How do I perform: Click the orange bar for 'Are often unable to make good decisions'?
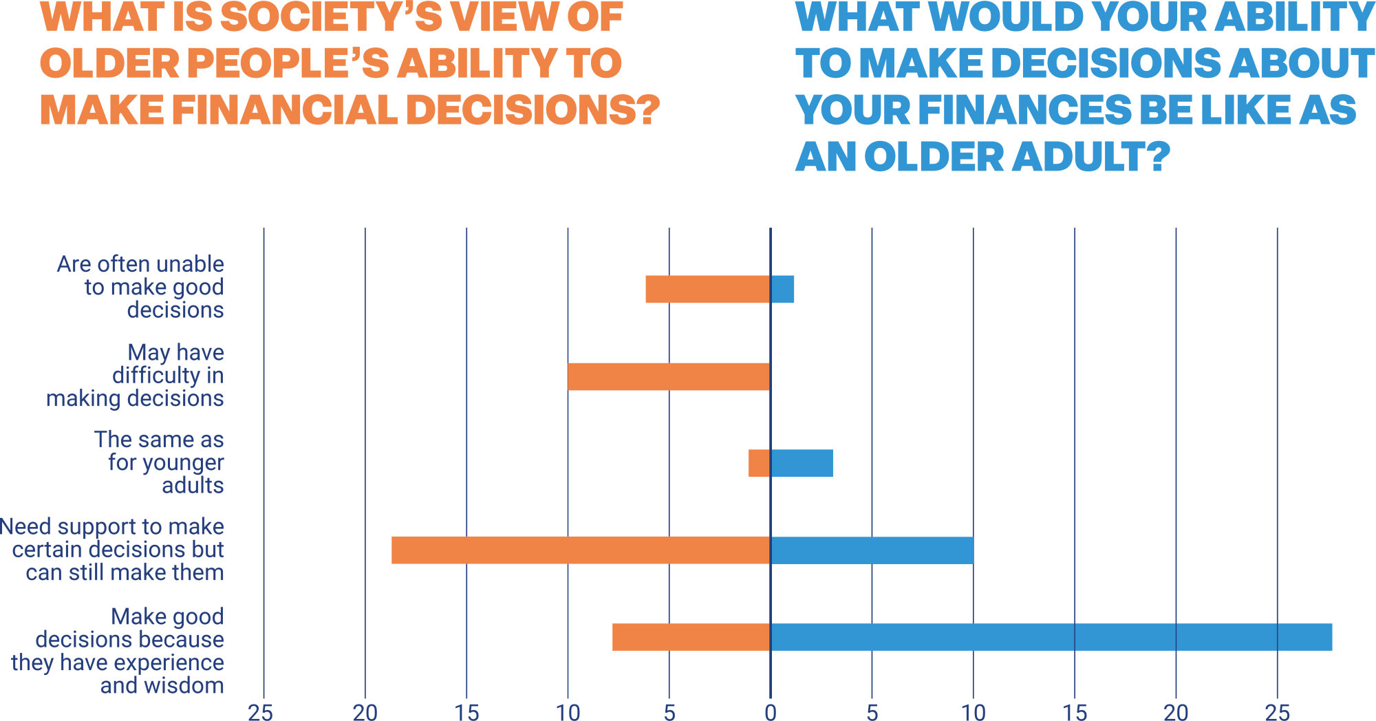(707, 289)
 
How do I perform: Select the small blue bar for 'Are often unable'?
(783, 289)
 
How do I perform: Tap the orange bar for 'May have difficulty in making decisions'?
(669, 376)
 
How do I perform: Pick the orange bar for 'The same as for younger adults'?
(759, 463)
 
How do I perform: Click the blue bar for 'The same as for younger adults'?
(802, 463)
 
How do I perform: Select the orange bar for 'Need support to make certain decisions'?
(581, 550)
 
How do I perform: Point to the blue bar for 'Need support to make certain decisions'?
(872, 550)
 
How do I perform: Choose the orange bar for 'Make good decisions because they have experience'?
(691, 637)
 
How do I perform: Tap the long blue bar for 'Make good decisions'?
(1051, 637)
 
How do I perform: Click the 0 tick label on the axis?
(771, 712)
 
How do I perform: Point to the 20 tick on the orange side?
(365, 712)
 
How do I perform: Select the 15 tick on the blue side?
(1075, 712)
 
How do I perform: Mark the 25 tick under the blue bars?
(1277, 712)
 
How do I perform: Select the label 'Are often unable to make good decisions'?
(144, 287)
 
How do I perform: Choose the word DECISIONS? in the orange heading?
(533, 110)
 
